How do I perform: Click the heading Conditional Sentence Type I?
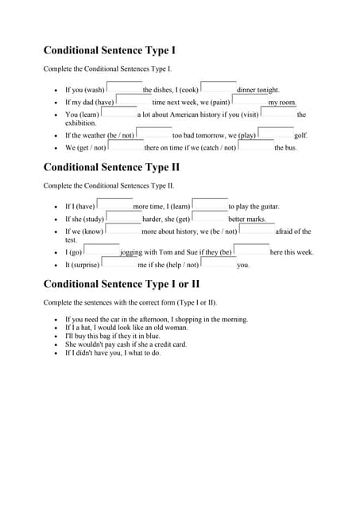[110, 50]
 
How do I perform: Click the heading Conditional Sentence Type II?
[111, 167]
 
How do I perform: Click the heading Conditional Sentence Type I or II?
[121, 284]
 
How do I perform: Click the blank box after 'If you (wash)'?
[124, 87]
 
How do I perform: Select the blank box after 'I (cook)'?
[218, 87]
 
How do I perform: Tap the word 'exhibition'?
[81, 123]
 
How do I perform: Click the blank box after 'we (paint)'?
[250, 100]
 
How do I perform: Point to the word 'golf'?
[300, 136]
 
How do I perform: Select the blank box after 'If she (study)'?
[123, 217]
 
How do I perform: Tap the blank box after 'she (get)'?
[210, 217]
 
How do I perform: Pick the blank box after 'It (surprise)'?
[118, 263]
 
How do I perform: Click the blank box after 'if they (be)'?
[251, 251]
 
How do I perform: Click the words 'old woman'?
[172, 328]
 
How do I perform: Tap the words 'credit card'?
[170, 345]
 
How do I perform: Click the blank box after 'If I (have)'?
[114, 204]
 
